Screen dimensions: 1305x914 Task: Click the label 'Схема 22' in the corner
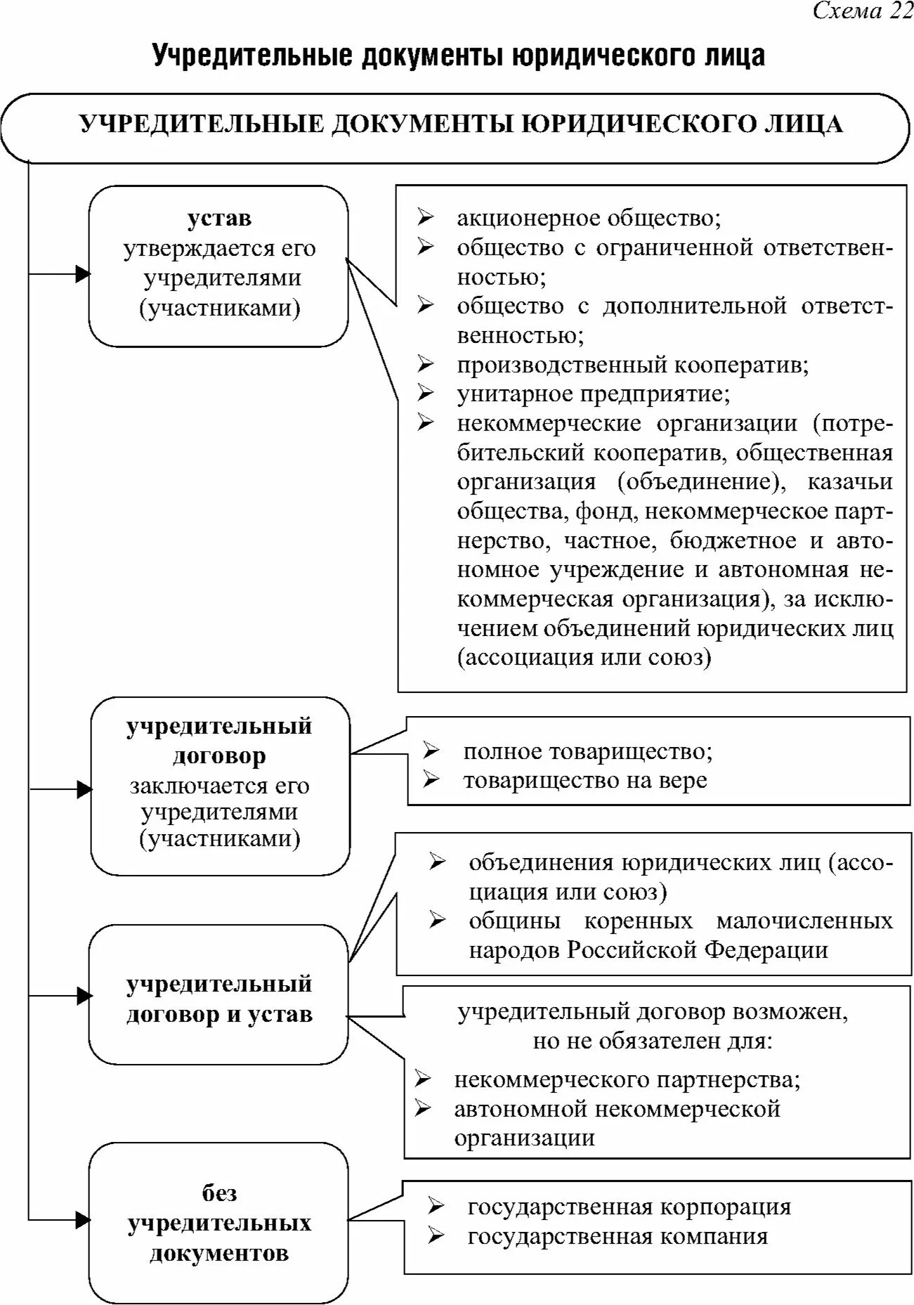(862, 11)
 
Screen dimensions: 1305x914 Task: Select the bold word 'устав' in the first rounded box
(219, 219)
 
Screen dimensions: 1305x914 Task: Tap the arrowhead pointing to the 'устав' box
(82, 273)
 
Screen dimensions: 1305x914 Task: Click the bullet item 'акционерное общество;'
(589, 219)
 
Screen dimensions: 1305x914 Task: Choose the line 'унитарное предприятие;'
(593, 394)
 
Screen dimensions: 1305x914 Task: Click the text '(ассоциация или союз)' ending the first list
(584, 658)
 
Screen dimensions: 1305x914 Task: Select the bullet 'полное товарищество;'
(587, 752)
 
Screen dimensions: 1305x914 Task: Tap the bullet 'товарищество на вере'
(585, 781)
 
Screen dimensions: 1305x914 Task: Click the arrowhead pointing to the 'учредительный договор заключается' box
(84, 789)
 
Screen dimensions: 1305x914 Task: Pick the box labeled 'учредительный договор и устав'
(218, 999)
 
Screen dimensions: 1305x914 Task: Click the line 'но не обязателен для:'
(652, 1041)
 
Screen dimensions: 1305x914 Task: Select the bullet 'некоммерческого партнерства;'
(627, 1079)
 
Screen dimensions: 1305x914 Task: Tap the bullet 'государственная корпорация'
(629, 1207)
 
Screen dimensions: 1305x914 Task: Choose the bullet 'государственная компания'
(618, 1237)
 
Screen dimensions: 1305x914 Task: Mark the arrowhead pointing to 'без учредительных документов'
(82, 1219)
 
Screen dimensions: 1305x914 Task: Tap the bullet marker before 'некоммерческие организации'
(426, 423)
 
